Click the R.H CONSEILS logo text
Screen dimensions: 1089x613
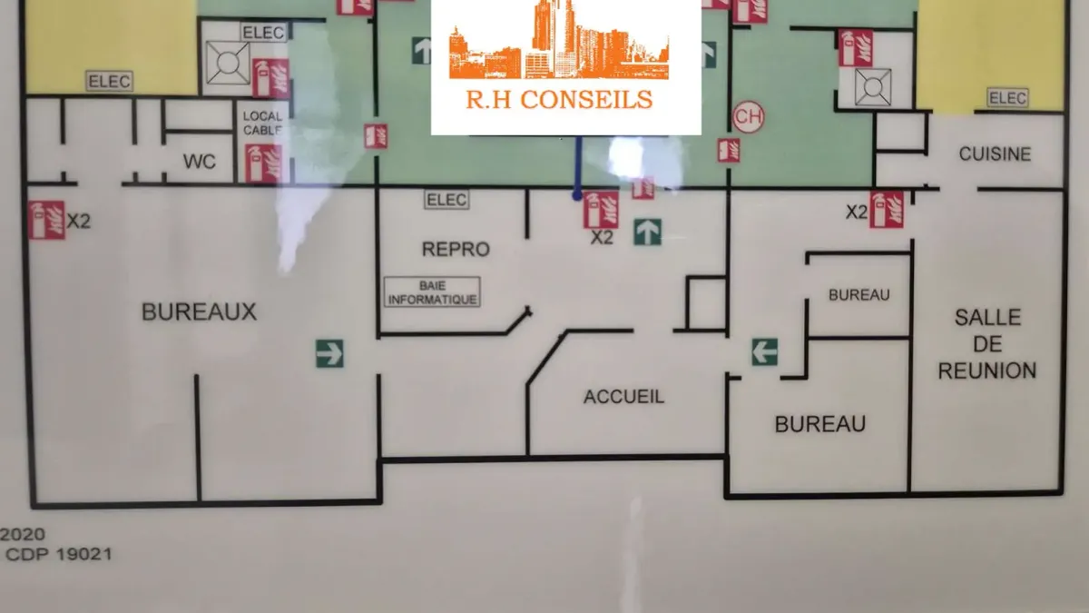(559, 100)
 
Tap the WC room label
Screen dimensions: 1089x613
(200, 162)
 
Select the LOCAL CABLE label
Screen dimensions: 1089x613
(262, 124)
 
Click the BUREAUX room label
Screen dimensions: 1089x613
(199, 311)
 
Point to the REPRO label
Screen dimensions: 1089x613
(456, 249)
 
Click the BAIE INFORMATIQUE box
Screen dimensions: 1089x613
(432, 292)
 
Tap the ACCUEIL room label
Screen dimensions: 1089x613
(623, 397)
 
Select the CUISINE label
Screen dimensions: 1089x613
(995, 154)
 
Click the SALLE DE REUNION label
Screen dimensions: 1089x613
(987, 344)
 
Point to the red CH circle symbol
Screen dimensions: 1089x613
(748, 117)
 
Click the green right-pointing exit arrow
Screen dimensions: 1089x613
(329, 353)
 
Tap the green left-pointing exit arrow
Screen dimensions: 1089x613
(765, 351)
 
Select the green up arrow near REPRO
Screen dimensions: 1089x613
(648, 232)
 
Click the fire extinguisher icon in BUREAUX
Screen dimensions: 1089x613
(46, 221)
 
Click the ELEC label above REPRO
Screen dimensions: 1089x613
(446, 200)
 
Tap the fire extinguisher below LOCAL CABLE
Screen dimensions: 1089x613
(263, 163)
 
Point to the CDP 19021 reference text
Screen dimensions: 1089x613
(59, 554)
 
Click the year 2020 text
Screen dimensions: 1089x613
(23, 534)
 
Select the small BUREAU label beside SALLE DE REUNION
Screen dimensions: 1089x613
(859, 295)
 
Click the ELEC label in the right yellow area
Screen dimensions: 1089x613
(1007, 98)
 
